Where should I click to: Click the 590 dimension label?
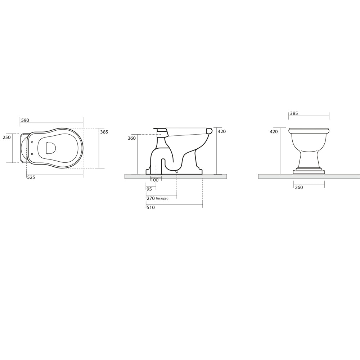[25, 120]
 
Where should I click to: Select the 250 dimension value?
[6, 137]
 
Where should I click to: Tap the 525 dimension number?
[31, 177]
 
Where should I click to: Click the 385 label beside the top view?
[104, 132]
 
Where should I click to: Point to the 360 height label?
[132, 138]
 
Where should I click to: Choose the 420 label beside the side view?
[222, 131]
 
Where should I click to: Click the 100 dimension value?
[154, 180]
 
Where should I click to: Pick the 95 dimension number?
[149, 189]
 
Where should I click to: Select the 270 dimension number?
[150, 198]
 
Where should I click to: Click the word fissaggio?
[162, 198]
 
